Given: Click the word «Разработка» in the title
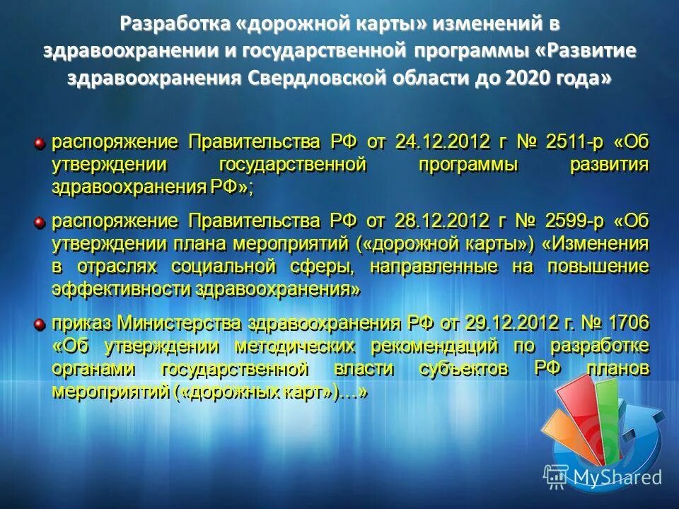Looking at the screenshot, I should [167, 24].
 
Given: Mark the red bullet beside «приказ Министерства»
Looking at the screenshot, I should [41, 324].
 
